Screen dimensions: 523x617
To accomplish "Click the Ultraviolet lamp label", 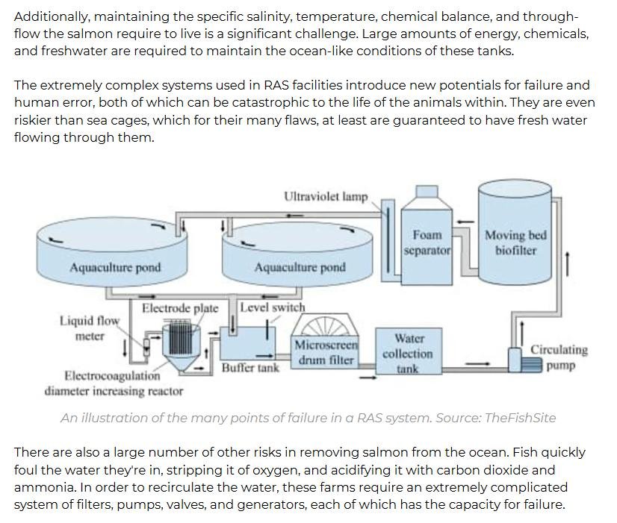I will click(x=326, y=197).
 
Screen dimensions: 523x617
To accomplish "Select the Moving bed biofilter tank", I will click(x=515, y=239).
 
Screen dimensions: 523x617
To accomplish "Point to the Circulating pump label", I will click(x=559, y=357).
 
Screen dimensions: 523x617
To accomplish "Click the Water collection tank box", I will click(x=407, y=353).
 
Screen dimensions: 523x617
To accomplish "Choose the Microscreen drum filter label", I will click(x=326, y=353).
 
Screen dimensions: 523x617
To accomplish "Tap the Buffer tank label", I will click(x=250, y=368).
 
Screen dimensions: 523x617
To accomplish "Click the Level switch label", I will click(x=273, y=307).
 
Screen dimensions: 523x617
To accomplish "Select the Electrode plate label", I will click(x=180, y=308).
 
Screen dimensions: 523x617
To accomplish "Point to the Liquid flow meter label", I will click(x=90, y=328).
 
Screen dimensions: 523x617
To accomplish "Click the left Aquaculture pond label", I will click(x=115, y=268).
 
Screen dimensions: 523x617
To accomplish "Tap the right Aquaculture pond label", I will click(x=300, y=268).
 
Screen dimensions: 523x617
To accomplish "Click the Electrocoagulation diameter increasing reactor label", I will click(x=113, y=383).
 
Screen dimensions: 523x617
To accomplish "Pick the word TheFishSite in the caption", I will click(x=520, y=418).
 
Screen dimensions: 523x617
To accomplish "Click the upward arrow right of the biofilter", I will click(x=569, y=263).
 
